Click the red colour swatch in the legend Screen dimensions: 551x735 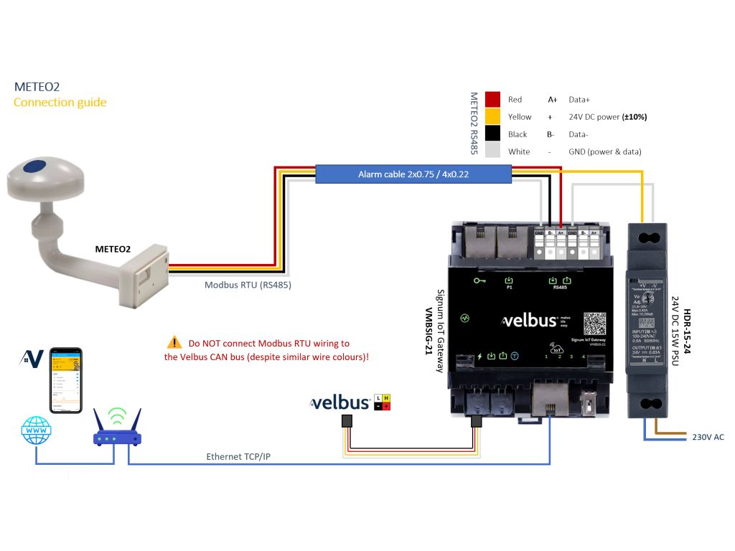(492, 99)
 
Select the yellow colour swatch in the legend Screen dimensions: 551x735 (492, 116)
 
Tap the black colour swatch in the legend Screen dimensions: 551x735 (492, 133)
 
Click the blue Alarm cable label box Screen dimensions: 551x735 (413, 174)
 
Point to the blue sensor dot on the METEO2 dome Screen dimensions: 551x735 (32, 168)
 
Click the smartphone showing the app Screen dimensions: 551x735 (65, 380)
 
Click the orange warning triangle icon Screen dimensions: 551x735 (174, 343)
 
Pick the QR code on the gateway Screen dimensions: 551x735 (595, 324)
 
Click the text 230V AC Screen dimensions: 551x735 (708, 437)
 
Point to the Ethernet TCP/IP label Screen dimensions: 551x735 (238, 456)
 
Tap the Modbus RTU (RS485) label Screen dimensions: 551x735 (248, 285)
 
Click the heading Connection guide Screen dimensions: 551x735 (60, 103)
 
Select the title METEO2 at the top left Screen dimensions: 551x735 (37, 87)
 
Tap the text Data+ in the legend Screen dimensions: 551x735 (580, 100)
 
